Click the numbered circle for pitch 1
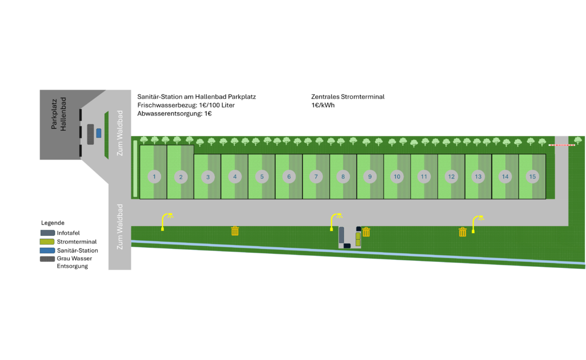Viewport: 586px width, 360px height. tap(155, 177)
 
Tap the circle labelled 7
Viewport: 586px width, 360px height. tap(316, 177)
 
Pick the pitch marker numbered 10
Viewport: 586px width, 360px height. tap(397, 177)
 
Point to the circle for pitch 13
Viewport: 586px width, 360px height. tap(478, 177)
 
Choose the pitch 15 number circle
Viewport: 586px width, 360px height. tap(532, 177)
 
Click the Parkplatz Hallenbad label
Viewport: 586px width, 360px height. tap(59, 114)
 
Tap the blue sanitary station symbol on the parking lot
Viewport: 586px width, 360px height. tap(99, 132)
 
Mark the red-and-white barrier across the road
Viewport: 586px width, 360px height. tap(562, 145)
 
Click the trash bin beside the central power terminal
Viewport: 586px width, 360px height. tap(366, 232)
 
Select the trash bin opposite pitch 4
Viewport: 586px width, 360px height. tap(235, 231)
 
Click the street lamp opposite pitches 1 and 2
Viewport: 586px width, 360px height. tap(166, 221)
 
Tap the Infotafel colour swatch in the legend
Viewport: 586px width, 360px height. tap(48, 233)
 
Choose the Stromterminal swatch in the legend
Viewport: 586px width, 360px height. tap(48, 242)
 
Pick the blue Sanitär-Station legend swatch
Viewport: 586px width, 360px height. tap(48, 250)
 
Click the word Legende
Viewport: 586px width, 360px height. tap(53, 223)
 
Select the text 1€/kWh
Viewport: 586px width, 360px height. tap(323, 105)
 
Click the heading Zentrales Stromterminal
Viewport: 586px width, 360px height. tap(348, 97)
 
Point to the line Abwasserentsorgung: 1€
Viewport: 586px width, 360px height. tap(175, 114)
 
